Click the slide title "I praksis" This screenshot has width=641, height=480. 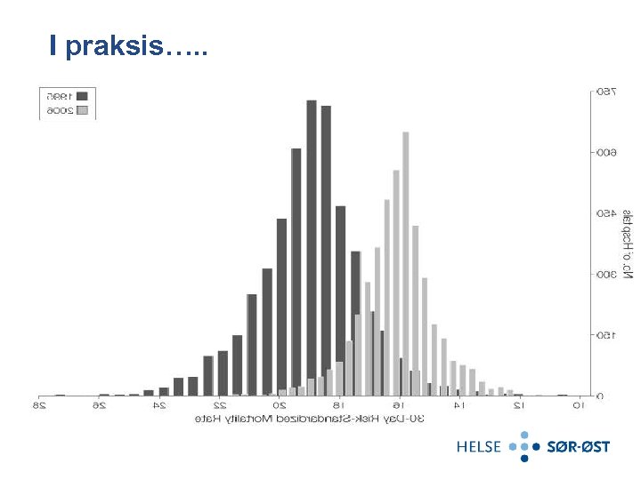click(x=128, y=47)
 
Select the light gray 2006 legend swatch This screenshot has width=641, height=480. click(x=83, y=111)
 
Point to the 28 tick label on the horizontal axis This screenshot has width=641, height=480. click(x=40, y=406)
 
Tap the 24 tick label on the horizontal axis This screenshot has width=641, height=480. click(x=160, y=406)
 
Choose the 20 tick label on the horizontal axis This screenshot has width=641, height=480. click(x=280, y=406)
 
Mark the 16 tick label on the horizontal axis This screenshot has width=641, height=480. click(x=399, y=406)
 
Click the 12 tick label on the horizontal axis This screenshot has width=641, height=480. click(x=518, y=406)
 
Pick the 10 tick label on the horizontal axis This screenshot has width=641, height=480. click(x=578, y=406)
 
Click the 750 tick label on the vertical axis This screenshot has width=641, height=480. click(x=604, y=92)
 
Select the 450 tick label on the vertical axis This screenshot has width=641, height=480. click(x=604, y=213)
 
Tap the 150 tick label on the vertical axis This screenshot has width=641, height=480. click(x=604, y=335)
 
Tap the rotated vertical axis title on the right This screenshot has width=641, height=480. click(x=627, y=244)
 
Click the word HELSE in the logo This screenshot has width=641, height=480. click(x=479, y=446)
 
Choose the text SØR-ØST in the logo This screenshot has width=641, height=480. click(x=578, y=446)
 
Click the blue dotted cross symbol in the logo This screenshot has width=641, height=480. click(x=524, y=446)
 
